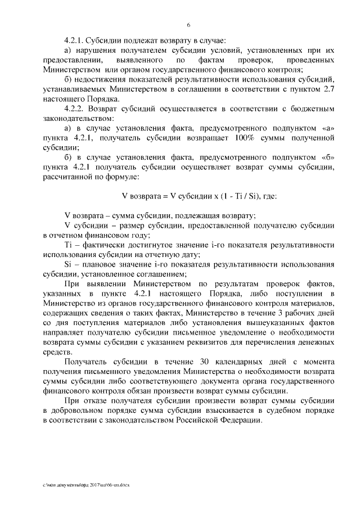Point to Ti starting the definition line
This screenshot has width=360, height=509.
[70, 246]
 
